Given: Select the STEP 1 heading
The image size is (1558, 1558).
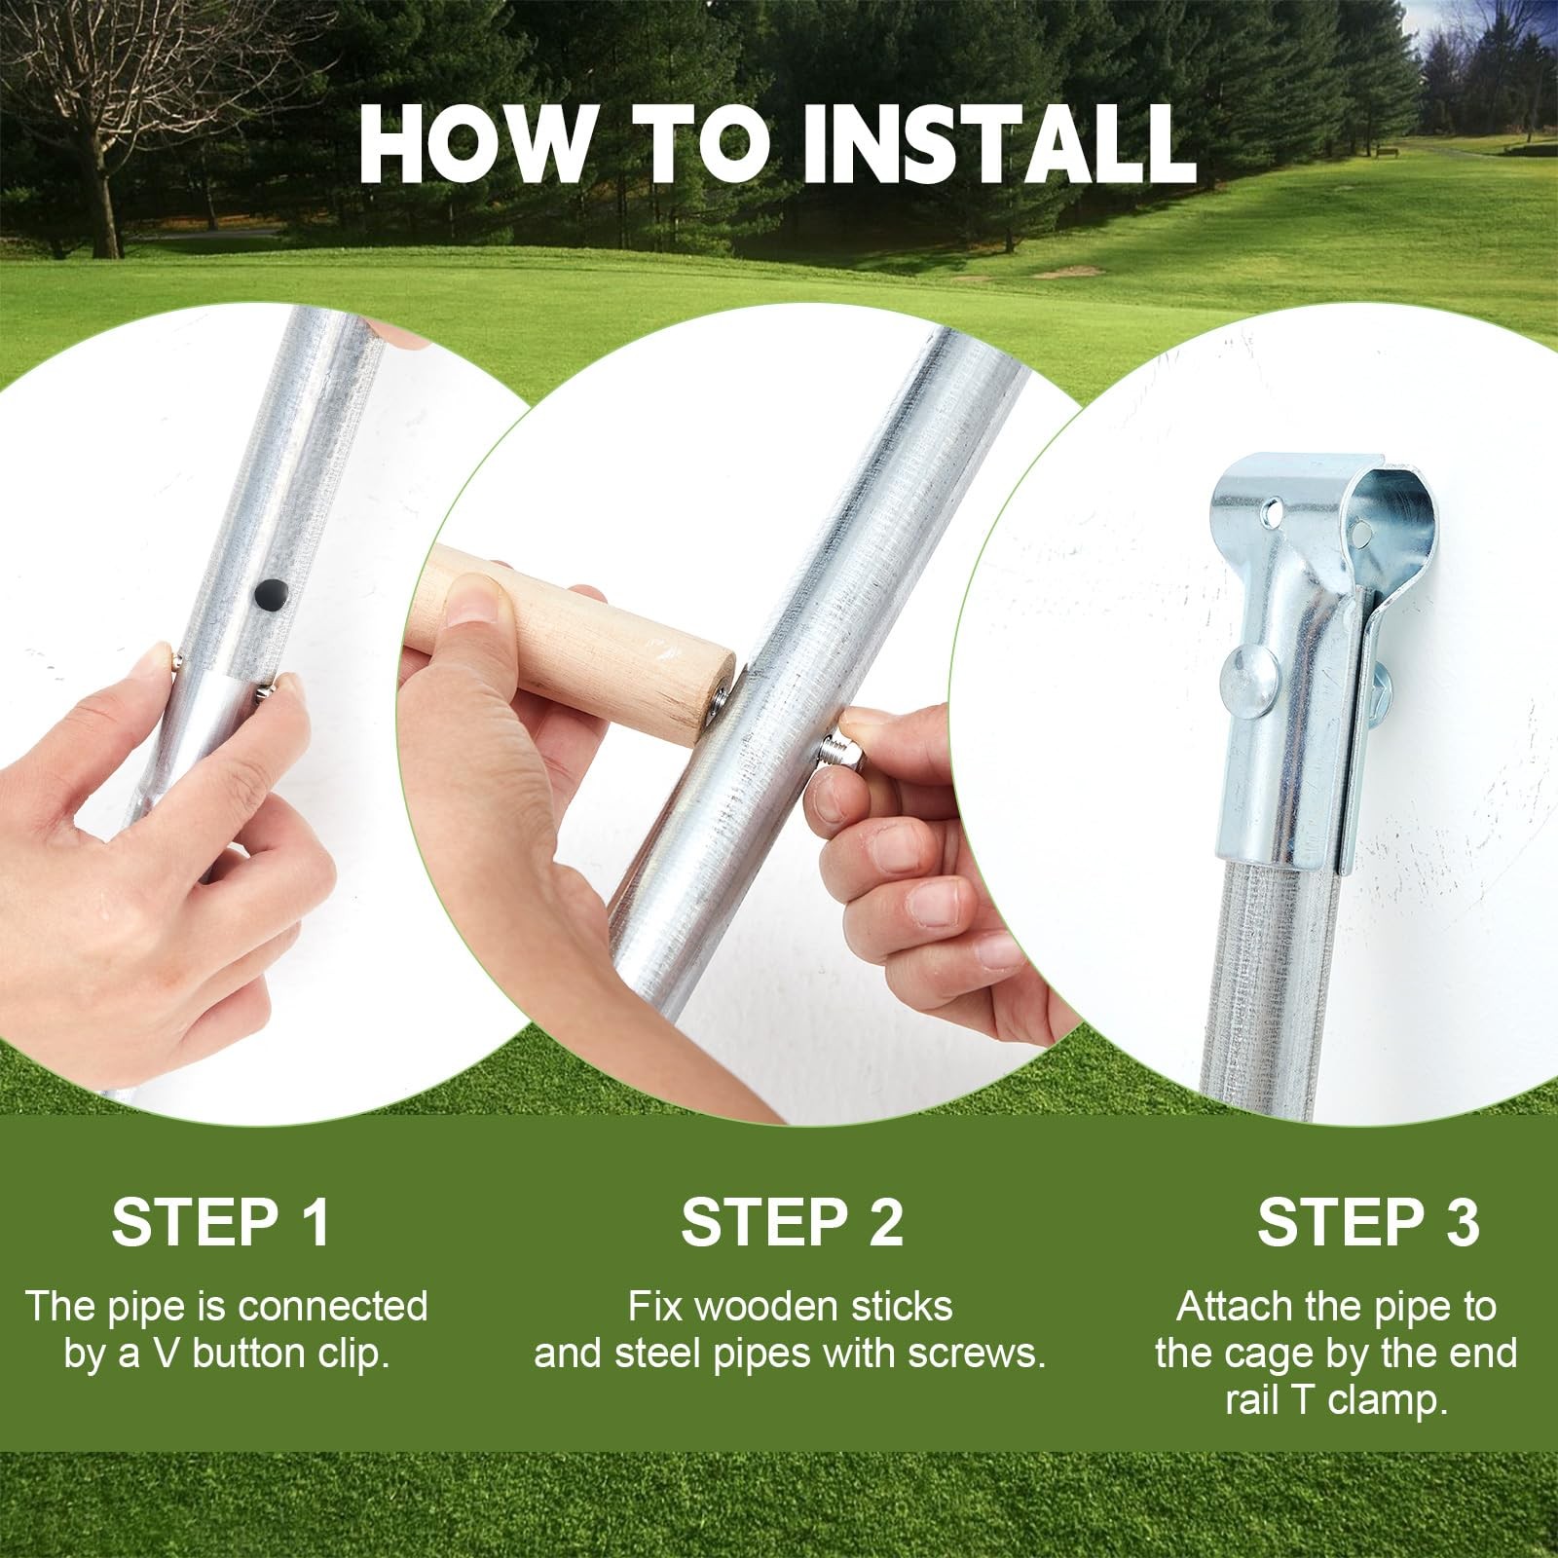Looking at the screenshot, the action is click(x=222, y=1222).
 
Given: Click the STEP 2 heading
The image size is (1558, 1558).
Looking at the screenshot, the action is click(x=792, y=1222).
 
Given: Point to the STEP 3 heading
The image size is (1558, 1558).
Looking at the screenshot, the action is click(x=1368, y=1222).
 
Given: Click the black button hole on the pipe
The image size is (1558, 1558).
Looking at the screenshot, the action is click(x=270, y=591).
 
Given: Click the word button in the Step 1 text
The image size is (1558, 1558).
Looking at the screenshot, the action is click(x=248, y=1354).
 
